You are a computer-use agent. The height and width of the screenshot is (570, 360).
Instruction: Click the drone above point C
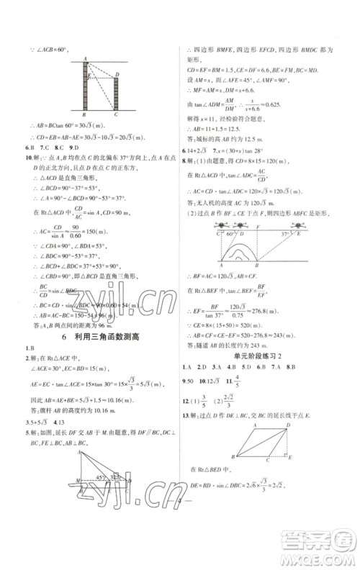(x=219, y=224)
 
